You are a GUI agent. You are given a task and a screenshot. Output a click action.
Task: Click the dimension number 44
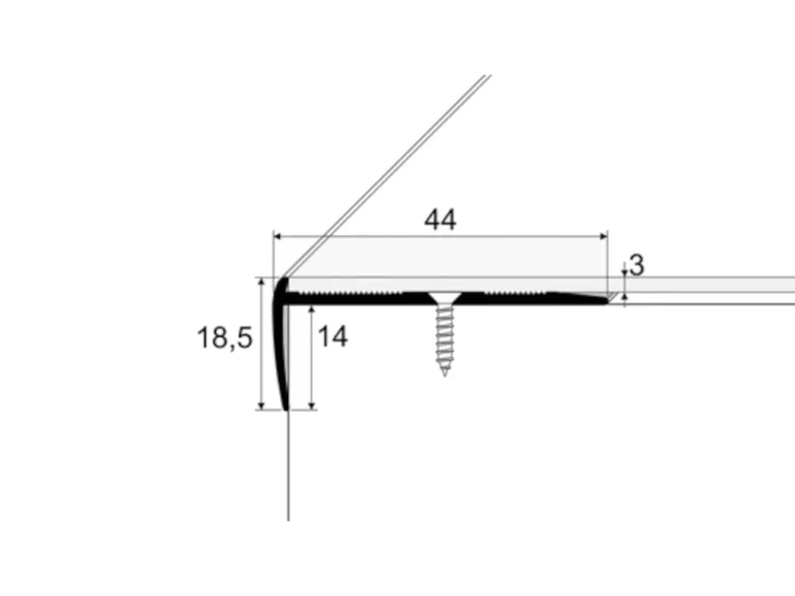pos(440,220)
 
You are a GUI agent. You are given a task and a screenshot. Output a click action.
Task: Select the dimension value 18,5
pos(224,338)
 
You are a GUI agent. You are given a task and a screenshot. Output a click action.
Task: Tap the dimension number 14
pos(332,336)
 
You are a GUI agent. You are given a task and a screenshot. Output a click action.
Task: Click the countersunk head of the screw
pos(444,298)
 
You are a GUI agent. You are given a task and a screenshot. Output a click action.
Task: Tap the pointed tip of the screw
pos(444,374)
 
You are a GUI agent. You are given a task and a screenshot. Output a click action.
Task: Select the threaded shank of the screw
pos(444,335)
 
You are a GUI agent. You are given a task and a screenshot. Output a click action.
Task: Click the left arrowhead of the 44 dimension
pos(277,236)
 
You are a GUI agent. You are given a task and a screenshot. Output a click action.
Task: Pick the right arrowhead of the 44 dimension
pos(604,236)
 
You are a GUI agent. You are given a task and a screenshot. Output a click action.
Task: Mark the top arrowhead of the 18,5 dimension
pos(262,282)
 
